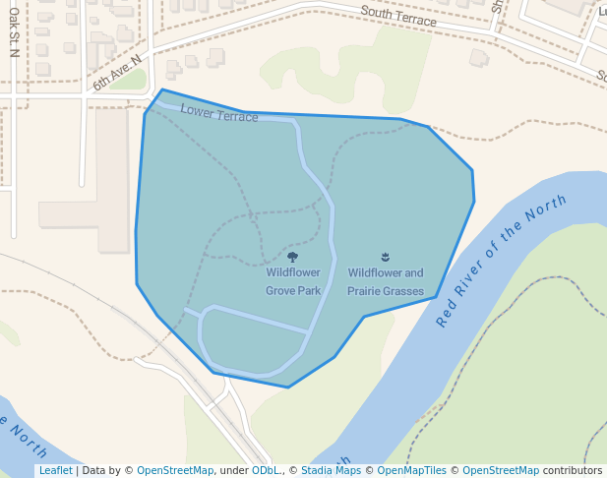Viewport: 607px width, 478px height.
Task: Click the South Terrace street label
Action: click(x=397, y=15)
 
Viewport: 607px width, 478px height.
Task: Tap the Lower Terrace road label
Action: click(x=219, y=112)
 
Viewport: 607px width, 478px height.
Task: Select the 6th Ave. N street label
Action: click(x=117, y=74)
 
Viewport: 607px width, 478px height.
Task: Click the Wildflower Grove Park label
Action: click(x=293, y=282)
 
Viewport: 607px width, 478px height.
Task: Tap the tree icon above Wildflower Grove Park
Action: click(x=292, y=258)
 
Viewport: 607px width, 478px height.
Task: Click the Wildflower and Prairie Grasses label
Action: click(x=385, y=282)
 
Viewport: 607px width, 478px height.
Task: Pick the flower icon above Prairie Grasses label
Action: click(x=385, y=258)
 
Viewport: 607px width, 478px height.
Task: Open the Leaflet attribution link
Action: click(x=55, y=471)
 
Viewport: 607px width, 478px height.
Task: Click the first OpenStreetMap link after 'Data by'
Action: click(x=175, y=471)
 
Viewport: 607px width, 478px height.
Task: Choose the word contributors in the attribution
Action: click(x=573, y=471)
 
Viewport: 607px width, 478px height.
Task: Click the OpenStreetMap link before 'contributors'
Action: click(x=500, y=471)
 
